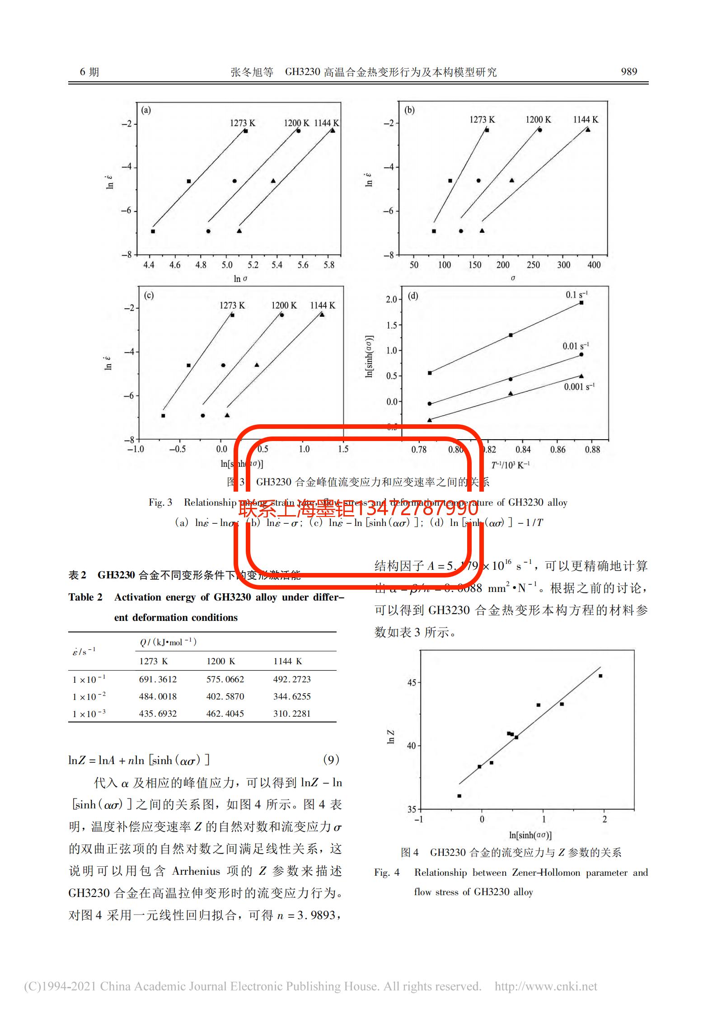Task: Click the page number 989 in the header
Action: (x=629, y=71)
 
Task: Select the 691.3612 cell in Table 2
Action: (x=158, y=679)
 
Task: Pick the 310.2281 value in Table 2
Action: (x=292, y=714)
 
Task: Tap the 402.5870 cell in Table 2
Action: (x=225, y=696)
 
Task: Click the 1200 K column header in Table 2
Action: (x=221, y=661)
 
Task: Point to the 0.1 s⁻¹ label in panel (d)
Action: (x=576, y=295)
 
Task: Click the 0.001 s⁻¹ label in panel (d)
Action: (x=579, y=387)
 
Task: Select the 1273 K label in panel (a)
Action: (x=242, y=123)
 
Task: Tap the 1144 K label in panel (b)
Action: (x=586, y=120)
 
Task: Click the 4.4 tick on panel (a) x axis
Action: (x=149, y=265)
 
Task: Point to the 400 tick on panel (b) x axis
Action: (x=594, y=265)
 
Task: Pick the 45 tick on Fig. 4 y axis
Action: (x=411, y=682)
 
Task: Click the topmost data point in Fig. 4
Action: (x=600, y=676)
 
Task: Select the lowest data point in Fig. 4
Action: (x=459, y=796)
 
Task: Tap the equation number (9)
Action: (x=331, y=760)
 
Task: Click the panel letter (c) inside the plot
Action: (x=149, y=296)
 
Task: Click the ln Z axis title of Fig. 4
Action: (x=391, y=737)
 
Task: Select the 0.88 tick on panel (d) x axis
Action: (x=592, y=449)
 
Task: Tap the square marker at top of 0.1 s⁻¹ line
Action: (x=581, y=303)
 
